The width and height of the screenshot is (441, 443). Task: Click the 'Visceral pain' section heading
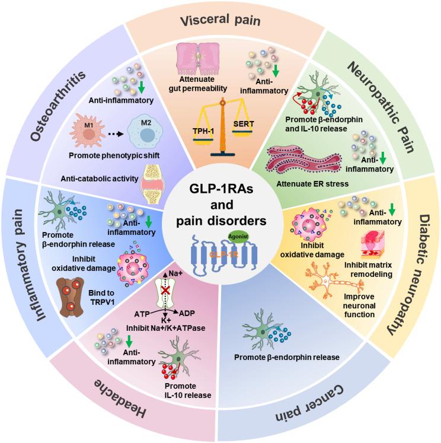point(220,22)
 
